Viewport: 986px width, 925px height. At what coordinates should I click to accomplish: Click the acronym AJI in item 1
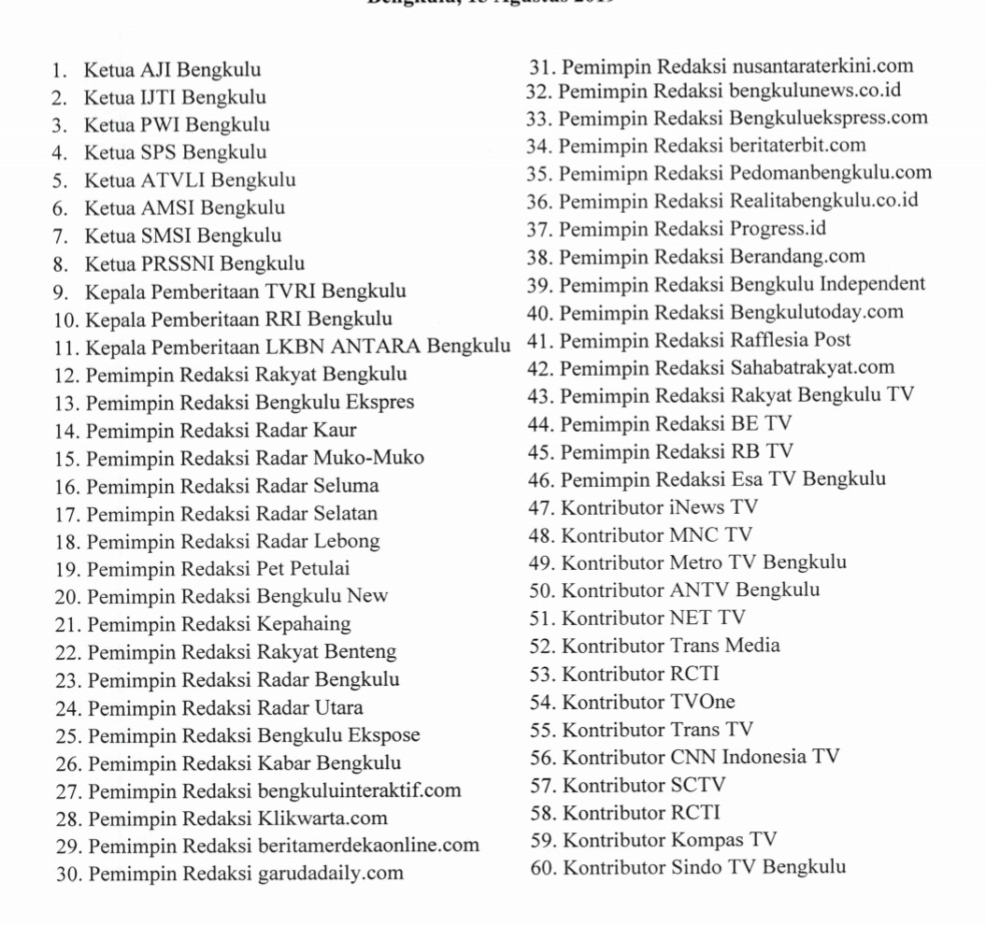point(156,70)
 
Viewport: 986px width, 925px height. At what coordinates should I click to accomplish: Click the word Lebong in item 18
point(347,541)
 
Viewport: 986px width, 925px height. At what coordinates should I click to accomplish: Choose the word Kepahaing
point(304,624)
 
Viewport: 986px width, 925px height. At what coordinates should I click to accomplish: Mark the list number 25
point(67,736)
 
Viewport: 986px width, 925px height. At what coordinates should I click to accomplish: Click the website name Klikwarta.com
point(322,818)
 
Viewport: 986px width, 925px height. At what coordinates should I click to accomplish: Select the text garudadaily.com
point(330,874)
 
